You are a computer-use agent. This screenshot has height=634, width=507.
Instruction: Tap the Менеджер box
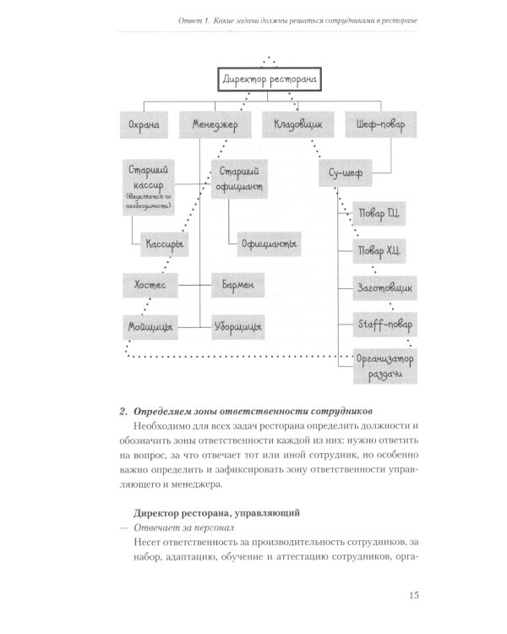[215, 126]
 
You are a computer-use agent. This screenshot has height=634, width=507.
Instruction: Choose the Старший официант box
[239, 177]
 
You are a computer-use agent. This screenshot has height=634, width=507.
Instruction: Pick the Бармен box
[240, 285]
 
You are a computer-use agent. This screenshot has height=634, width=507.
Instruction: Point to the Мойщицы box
[151, 326]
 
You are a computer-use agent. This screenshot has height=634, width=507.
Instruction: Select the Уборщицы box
[239, 326]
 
